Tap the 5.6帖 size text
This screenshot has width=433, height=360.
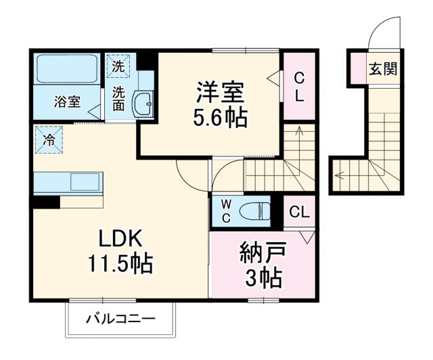pos(221,117)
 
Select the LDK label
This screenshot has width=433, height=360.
pos(120,238)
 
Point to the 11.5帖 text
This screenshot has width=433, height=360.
pos(120,263)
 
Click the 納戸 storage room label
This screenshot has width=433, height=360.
pos(263,253)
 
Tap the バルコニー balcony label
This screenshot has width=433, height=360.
pos(121,318)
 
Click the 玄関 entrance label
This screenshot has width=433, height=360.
pos(382,68)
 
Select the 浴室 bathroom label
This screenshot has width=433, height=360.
pos(68,102)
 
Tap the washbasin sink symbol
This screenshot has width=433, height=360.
pos(143,104)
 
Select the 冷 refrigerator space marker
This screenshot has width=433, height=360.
pos(49,140)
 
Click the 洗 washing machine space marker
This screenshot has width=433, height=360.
pos(118,66)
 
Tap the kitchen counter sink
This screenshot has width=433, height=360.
pos(85,181)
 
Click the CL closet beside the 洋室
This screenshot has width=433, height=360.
pos(298,87)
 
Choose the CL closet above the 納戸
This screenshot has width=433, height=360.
pos(299,212)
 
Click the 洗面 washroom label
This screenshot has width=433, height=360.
pos(118,99)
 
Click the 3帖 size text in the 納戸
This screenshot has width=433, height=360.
pos(263,277)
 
